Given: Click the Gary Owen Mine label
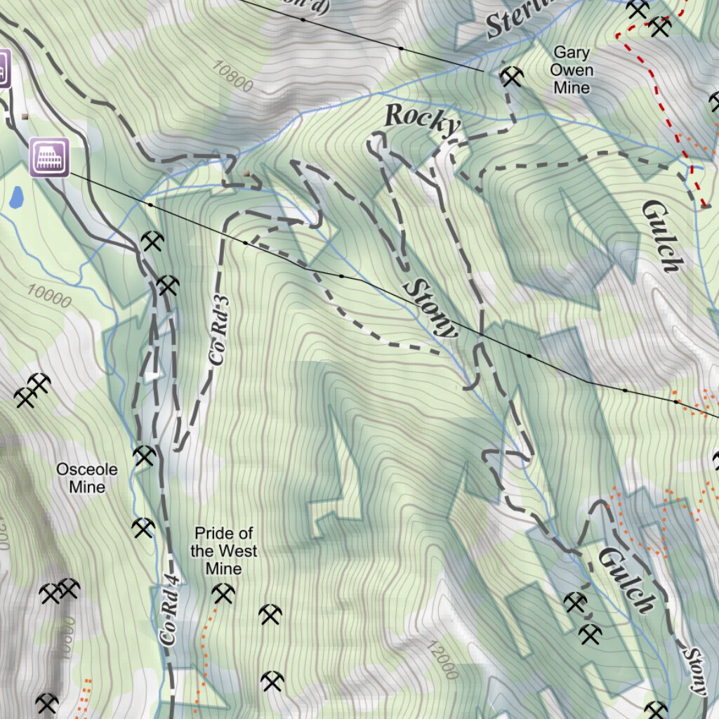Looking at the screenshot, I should pyautogui.click(x=571, y=70).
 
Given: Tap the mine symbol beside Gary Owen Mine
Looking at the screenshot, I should pyautogui.click(x=512, y=77).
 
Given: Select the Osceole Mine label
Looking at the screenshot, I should pyautogui.click(x=87, y=478).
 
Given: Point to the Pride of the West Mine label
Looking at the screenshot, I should pyautogui.click(x=223, y=551).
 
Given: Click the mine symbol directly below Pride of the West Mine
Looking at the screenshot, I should pyautogui.click(x=223, y=595).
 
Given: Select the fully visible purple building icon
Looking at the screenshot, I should pyautogui.click(x=49, y=157).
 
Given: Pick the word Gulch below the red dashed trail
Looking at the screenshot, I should pyautogui.click(x=661, y=235).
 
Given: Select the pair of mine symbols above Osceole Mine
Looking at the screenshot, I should pyautogui.click(x=32, y=390).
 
